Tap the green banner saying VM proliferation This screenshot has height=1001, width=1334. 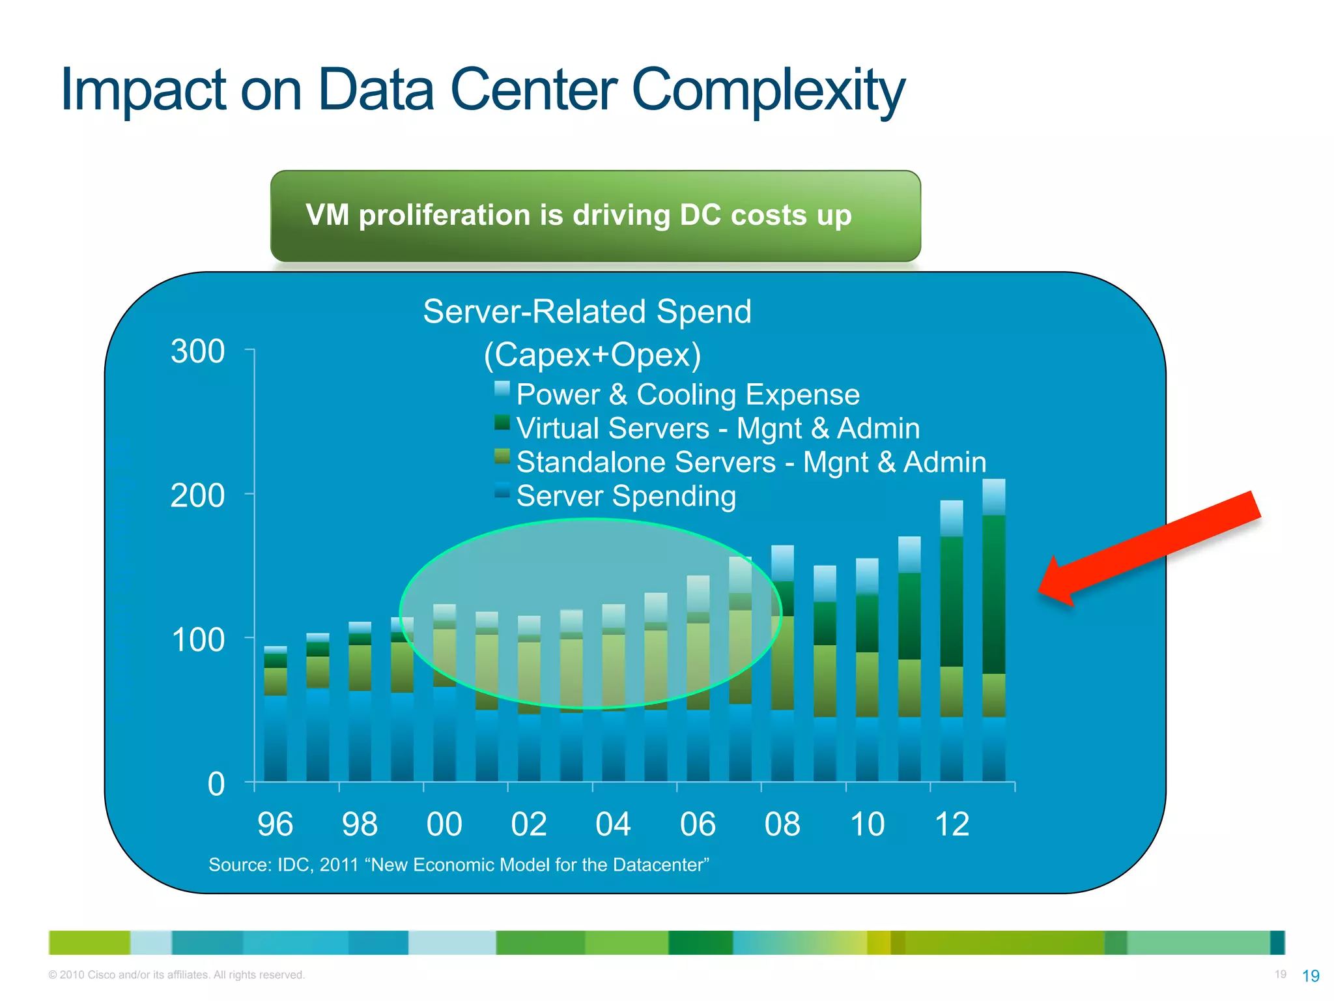(595, 216)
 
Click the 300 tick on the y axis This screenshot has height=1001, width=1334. (197, 352)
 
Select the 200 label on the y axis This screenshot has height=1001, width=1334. (197, 497)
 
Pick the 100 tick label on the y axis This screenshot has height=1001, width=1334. (197, 641)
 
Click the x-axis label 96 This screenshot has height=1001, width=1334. (275, 824)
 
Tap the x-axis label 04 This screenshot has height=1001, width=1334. (613, 824)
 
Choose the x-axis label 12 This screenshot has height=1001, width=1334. (952, 824)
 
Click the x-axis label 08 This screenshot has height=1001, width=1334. (782, 824)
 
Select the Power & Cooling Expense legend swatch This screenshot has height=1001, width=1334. (502, 390)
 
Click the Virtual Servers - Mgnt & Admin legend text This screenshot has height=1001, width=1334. (718, 429)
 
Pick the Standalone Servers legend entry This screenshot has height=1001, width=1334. (750, 463)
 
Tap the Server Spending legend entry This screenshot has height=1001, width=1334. (625, 497)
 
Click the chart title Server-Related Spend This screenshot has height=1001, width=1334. (587, 312)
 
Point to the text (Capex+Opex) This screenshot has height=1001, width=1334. (592, 355)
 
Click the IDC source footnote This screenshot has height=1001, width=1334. (459, 865)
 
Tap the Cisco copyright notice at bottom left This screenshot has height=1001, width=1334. (176, 975)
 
